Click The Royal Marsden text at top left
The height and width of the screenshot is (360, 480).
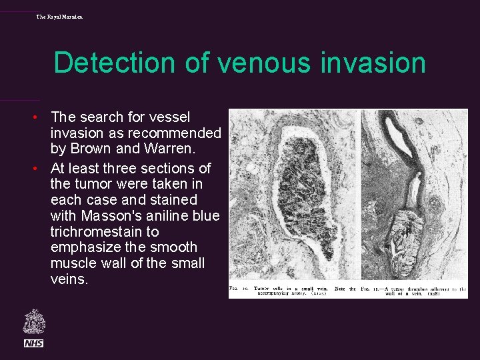coord(59,16)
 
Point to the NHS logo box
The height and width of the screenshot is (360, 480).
coord(33,343)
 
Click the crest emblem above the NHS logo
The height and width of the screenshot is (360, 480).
coord(33,321)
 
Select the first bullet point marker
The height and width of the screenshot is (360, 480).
coord(41,118)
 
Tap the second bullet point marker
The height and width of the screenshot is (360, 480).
coord(41,169)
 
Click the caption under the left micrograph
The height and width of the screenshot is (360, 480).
coord(293,290)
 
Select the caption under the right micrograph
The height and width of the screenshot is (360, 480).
coord(414,290)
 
